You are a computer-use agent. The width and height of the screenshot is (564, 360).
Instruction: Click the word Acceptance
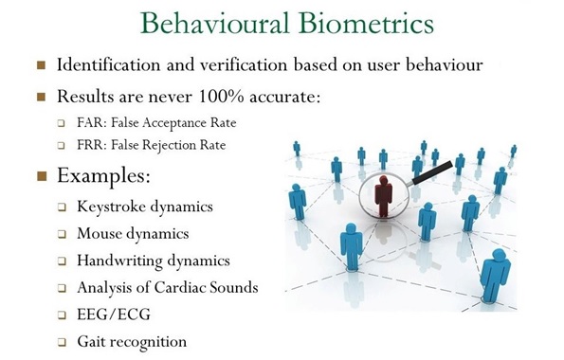(x=186, y=122)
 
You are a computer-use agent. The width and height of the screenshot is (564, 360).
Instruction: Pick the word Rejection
(x=182, y=145)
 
